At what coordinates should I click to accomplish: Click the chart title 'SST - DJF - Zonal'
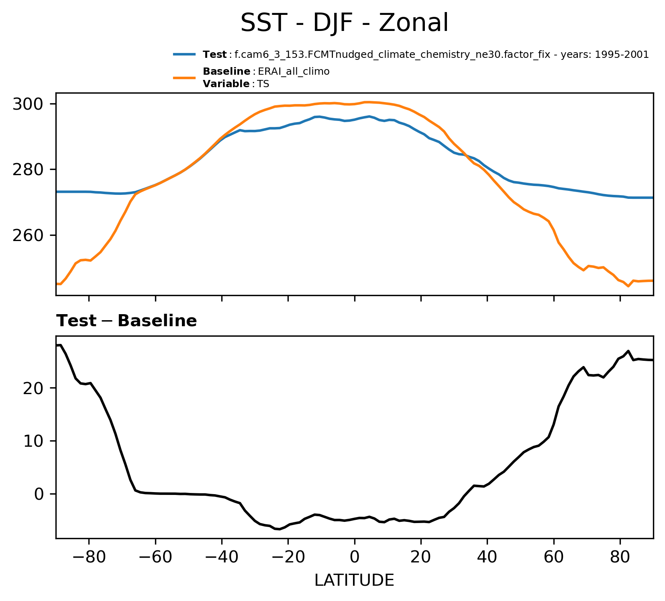[344, 23]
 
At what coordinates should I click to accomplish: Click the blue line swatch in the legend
[184, 55]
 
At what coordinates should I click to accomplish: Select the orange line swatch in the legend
[184, 78]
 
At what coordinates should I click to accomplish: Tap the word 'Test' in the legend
[215, 55]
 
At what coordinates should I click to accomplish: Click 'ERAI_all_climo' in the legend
[294, 72]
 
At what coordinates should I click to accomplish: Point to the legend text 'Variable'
[226, 84]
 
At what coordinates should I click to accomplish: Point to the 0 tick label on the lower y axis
[39, 494]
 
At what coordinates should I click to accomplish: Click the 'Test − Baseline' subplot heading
[126, 321]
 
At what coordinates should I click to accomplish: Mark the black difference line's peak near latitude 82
[628, 351]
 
